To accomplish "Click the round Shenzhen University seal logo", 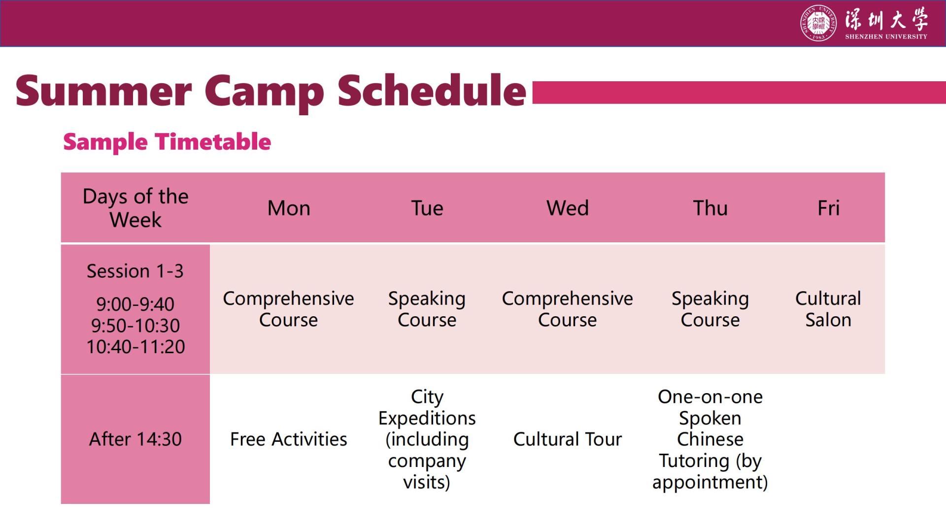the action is pos(818,23).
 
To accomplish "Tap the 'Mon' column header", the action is pos(289,208).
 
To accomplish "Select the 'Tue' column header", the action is pos(427,208).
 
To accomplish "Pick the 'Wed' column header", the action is pos(568,208).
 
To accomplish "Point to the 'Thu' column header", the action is pos(710,208).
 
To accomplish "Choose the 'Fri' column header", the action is pos(828,208).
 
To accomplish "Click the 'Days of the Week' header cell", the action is pos(135,208).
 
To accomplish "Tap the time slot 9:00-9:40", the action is pos(135,304).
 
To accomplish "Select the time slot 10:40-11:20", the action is pos(135,347).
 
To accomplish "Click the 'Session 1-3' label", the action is pos(135,271).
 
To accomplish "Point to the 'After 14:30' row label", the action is pos(135,439).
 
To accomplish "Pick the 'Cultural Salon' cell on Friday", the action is pos(828,309).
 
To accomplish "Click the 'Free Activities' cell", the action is pos(289,439).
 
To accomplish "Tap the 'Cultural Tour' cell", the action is pos(568,439).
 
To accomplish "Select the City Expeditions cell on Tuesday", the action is pos(427,439).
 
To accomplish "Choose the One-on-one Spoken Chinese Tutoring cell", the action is pos(710,439).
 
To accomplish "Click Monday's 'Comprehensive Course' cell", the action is pos(289,309).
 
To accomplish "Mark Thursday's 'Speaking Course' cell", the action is pos(710,309).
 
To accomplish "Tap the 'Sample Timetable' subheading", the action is pos(167,142).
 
